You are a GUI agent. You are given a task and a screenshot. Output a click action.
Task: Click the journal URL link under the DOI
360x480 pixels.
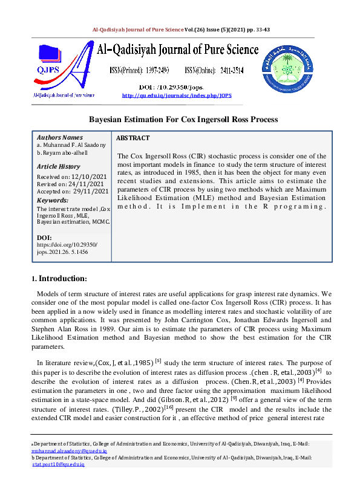pyautogui.click(x=177, y=96)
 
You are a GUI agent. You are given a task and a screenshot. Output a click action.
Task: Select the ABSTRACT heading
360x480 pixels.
pyautogui.click(x=133, y=138)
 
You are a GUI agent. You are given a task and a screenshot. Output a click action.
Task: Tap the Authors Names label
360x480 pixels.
pyautogui.click(x=60, y=138)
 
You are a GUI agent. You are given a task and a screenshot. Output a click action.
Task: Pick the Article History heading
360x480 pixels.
pyautogui.click(x=58, y=166)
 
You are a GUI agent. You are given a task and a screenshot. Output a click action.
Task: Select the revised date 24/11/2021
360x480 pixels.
pyautogui.click(x=85, y=184)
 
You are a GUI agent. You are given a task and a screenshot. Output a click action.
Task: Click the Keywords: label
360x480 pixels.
pyautogui.click(x=52, y=200)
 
